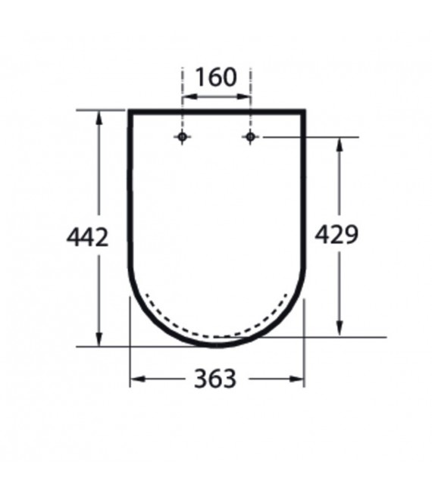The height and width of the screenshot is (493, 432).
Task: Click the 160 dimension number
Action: point(216,77)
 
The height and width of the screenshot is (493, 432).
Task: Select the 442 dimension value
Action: point(88,237)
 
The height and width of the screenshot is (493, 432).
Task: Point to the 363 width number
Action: point(216,378)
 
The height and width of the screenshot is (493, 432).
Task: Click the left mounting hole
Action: point(182,136)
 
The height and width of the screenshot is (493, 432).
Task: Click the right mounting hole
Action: point(251,136)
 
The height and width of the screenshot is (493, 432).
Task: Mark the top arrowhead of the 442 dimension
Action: point(99,115)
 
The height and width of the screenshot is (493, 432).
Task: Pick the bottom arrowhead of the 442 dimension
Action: point(99,340)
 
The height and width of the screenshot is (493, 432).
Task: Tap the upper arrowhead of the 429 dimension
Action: point(340,143)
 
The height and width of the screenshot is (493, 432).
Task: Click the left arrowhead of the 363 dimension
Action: point(135,378)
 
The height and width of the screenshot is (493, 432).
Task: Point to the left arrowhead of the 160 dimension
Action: point(186,97)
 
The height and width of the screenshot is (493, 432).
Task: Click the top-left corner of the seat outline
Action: point(130,112)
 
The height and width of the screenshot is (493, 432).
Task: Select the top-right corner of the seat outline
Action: point(304,112)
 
